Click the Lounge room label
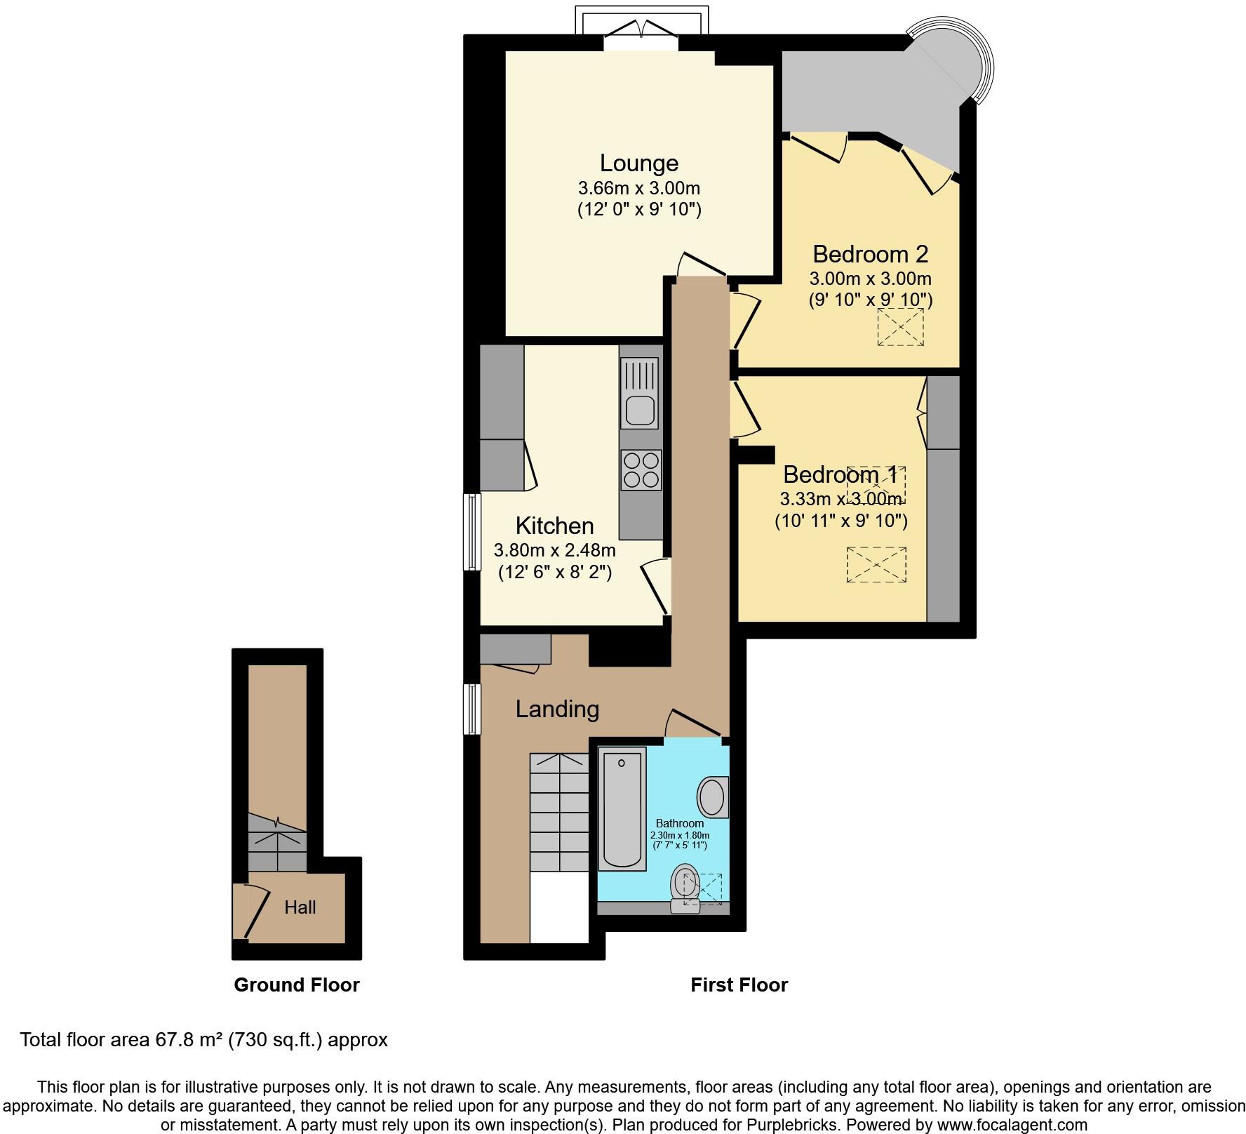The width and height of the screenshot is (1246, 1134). click(x=638, y=163)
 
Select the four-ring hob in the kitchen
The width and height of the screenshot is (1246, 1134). click(x=641, y=470)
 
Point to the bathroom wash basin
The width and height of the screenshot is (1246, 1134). click(x=712, y=797)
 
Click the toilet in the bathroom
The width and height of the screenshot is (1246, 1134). click(x=685, y=888)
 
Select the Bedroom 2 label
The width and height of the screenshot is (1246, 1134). click(x=870, y=253)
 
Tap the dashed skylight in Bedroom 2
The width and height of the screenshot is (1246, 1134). click(x=900, y=327)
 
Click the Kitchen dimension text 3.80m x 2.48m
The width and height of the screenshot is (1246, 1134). click(x=555, y=550)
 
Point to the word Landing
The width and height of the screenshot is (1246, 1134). click(x=557, y=709)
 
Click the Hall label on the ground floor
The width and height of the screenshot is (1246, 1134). click(x=300, y=907)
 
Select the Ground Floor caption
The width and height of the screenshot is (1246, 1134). click(x=296, y=985)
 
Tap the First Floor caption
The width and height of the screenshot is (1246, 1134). click(x=739, y=985)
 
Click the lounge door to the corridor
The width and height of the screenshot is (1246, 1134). click(x=702, y=265)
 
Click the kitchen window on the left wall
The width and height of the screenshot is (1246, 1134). click(x=474, y=531)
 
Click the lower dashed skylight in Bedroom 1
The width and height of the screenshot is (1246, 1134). click(x=876, y=564)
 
